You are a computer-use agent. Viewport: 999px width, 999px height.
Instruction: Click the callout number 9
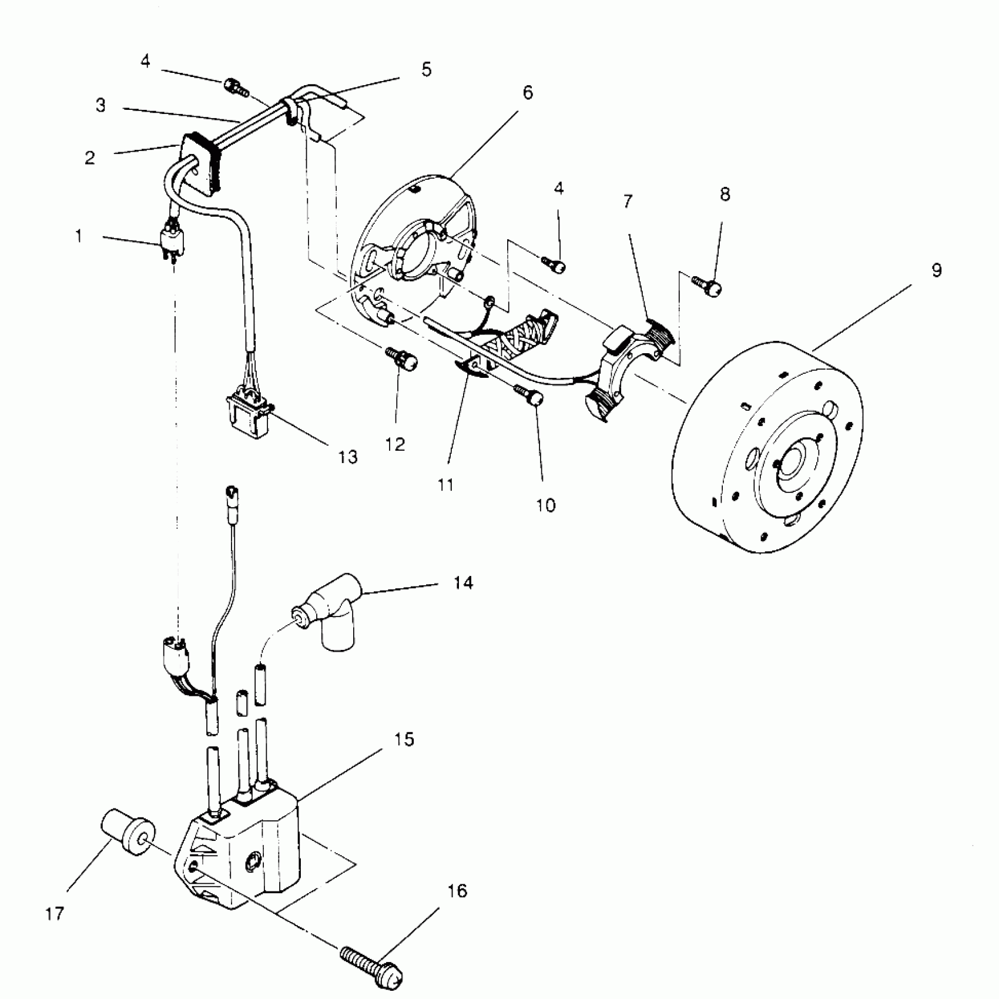(936, 270)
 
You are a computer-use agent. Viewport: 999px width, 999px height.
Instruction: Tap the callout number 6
(527, 92)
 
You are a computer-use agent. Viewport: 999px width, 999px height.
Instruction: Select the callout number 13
(348, 457)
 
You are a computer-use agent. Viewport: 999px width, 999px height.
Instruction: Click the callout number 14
(463, 583)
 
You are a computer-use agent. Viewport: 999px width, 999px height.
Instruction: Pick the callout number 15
(405, 739)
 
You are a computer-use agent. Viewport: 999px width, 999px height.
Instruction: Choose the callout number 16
(457, 891)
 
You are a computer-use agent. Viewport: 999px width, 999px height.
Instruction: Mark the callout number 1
(79, 236)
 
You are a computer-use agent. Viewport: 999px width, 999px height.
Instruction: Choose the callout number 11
(446, 485)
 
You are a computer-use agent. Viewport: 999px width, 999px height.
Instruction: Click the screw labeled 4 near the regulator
(235, 88)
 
